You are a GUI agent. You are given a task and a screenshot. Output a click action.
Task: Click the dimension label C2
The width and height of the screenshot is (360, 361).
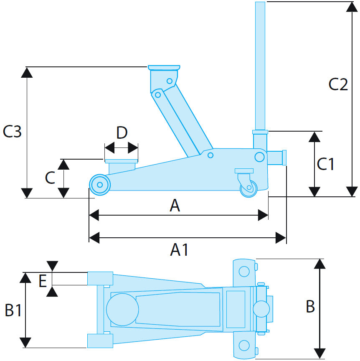[337, 84]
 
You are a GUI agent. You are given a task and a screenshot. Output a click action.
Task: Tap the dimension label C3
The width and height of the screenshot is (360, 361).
[12, 132]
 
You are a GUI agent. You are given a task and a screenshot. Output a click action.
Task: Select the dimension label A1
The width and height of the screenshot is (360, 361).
[180, 250]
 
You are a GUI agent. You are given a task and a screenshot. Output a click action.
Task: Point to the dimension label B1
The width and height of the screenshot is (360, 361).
[13, 310]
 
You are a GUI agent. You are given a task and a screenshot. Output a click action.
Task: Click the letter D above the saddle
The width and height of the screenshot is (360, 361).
[122, 133]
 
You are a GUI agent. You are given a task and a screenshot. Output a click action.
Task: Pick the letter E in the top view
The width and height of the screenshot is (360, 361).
[42, 281]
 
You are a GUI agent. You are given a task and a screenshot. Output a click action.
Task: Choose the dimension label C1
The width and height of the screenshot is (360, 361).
[326, 164]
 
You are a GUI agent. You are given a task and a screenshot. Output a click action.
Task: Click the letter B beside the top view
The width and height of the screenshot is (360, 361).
[310, 307]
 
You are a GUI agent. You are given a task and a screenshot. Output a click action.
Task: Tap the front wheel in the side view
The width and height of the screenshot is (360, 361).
[100, 184]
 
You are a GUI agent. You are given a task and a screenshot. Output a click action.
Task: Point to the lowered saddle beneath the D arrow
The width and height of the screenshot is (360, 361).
[121, 161]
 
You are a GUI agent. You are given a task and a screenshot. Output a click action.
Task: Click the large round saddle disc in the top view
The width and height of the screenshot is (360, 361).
[122, 309]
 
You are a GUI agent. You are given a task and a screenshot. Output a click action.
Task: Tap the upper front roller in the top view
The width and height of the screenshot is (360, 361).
[100, 278]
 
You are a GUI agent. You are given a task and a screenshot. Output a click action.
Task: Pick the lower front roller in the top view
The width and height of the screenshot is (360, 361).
[100, 341]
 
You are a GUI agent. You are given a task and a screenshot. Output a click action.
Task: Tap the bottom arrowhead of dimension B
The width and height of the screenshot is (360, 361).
[319, 353]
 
